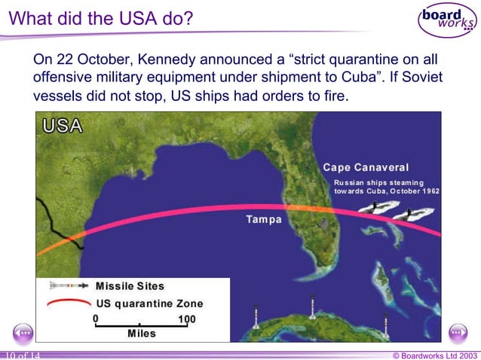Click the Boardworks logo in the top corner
tap(448, 20)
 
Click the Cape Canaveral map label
tap(366, 167)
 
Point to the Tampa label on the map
tap(264, 220)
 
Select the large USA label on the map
tap(63, 126)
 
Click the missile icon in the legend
tap(68, 286)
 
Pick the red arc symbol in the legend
tap(68, 304)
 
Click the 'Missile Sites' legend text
tap(130, 286)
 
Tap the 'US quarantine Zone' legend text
tap(149, 304)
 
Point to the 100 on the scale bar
tap(186, 319)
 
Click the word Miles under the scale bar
tap(142, 333)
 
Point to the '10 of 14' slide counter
tap(21, 355)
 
